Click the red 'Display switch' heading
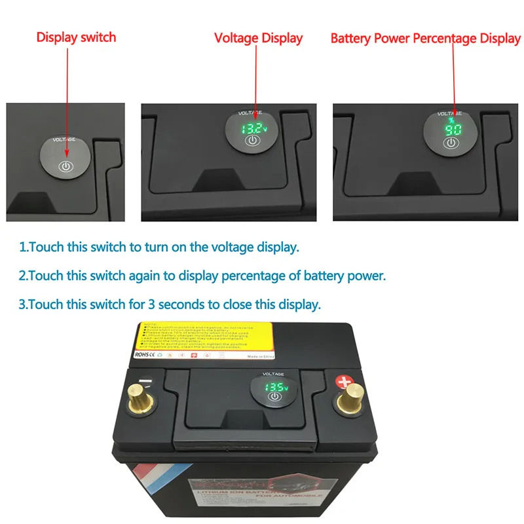click(76, 37)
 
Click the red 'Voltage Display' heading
click(259, 38)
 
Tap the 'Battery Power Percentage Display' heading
click(426, 39)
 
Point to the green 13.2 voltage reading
click(252, 128)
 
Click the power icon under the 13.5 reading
click(274, 397)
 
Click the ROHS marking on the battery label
click(142, 354)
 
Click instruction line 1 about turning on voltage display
click(159, 248)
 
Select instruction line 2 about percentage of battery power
click(202, 276)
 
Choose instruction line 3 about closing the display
click(170, 305)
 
